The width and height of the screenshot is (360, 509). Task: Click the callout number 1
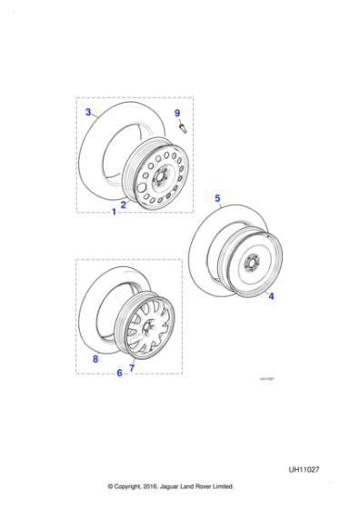(114, 212)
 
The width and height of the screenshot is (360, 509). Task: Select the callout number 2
(124, 204)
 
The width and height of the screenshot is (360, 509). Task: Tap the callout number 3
(87, 113)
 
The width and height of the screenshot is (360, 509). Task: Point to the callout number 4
(270, 296)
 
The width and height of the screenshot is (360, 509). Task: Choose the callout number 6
(119, 372)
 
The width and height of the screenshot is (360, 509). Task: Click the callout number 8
(94, 359)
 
